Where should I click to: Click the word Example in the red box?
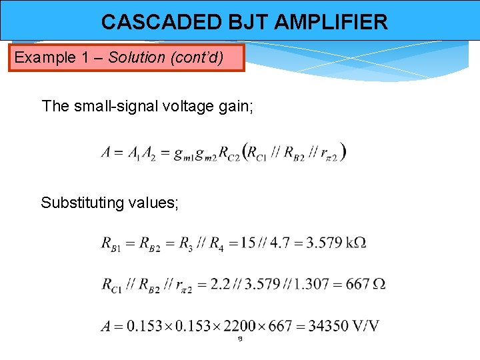pyautogui.click(x=45, y=57)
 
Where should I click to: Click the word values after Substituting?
pyautogui.click(x=154, y=203)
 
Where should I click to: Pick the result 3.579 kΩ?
pyautogui.click(x=336, y=243)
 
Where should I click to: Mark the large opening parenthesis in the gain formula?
pyautogui.click(x=248, y=152)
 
